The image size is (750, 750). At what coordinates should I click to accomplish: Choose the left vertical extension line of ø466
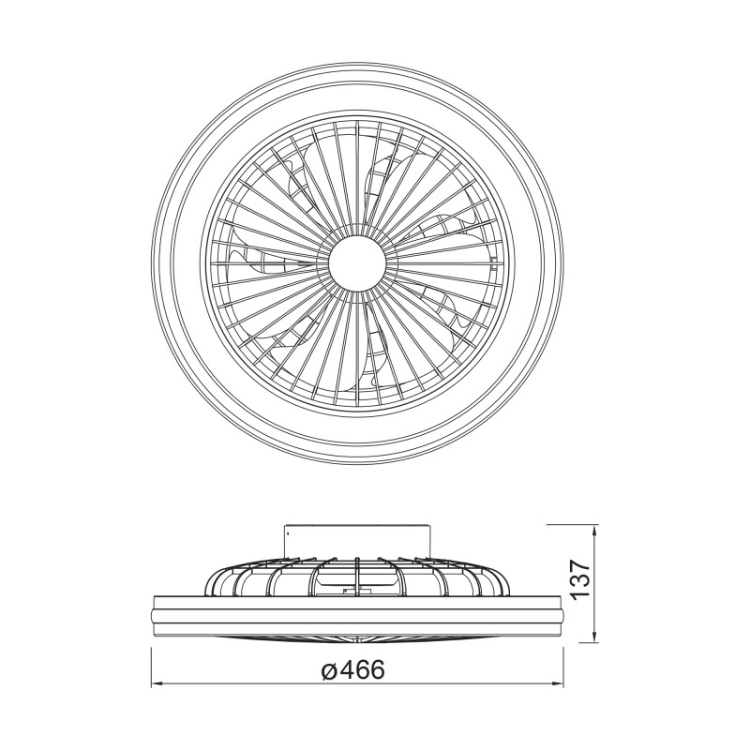coord(151,656)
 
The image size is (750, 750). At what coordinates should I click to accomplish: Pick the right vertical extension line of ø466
coord(562,656)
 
